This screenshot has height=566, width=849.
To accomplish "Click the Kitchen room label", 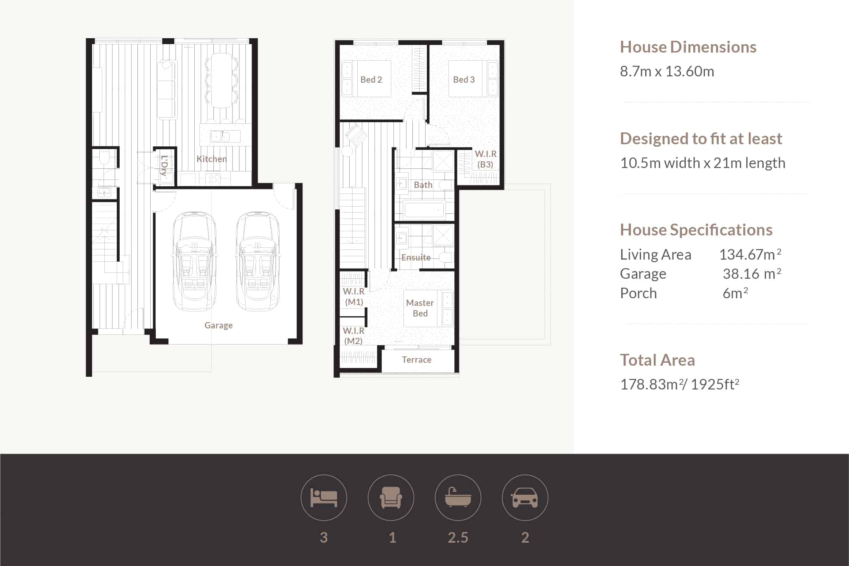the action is [211, 159].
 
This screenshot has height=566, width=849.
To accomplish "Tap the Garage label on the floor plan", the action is [219, 325].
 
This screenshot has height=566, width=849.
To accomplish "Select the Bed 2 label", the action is [371, 79].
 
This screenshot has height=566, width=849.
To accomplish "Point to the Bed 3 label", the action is [464, 79].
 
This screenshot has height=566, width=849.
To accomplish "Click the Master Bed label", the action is [420, 308].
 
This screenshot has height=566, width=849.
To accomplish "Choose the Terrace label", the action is [417, 360].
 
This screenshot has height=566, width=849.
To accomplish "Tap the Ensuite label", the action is [416, 257].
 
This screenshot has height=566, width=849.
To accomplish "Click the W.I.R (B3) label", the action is [485, 159].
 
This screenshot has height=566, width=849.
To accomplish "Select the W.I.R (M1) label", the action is [354, 297].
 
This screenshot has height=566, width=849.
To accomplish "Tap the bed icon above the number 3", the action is [324, 498].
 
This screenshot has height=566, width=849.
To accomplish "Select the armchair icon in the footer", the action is [391, 497].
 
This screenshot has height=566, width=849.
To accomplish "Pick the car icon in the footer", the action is [525, 497].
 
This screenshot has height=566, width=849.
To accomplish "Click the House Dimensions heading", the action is [688, 47].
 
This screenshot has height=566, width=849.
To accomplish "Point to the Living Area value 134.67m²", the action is [750, 254].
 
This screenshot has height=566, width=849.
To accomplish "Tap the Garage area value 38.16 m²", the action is [752, 274].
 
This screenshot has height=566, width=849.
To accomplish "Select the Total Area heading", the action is [657, 360].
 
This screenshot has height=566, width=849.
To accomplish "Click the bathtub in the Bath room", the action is [423, 210].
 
